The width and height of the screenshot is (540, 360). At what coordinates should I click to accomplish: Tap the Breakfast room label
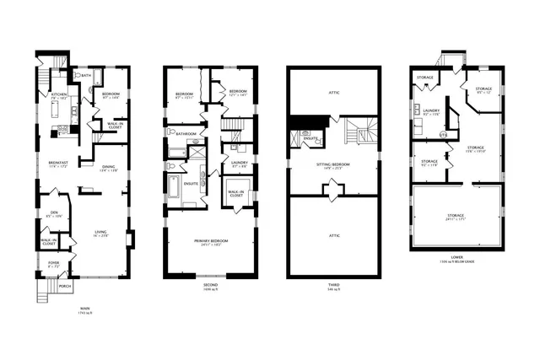pos(57,163)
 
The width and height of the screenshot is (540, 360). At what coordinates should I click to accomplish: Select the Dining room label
pos(108,167)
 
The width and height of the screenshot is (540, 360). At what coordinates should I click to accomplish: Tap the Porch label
pos(65,285)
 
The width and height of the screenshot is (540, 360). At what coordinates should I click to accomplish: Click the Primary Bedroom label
pos(212,241)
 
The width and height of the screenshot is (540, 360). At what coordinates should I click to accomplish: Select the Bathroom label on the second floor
pos(186,133)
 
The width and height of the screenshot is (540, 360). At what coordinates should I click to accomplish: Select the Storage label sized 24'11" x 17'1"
pos(456,217)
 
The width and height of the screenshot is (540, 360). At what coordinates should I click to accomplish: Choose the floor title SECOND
pos(212,285)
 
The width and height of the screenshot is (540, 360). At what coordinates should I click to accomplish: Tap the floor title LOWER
pos(456,257)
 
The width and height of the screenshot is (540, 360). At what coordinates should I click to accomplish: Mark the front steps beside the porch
pos(44,292)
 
